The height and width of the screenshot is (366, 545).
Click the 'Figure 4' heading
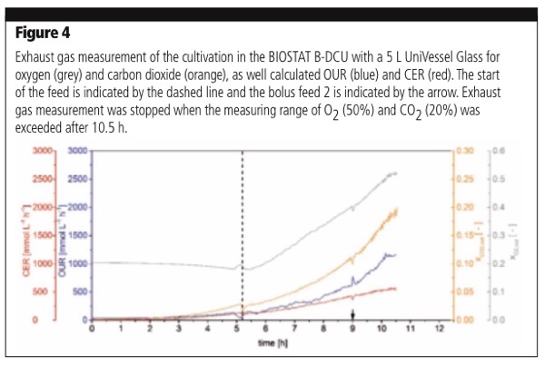(x=42, y=36)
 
